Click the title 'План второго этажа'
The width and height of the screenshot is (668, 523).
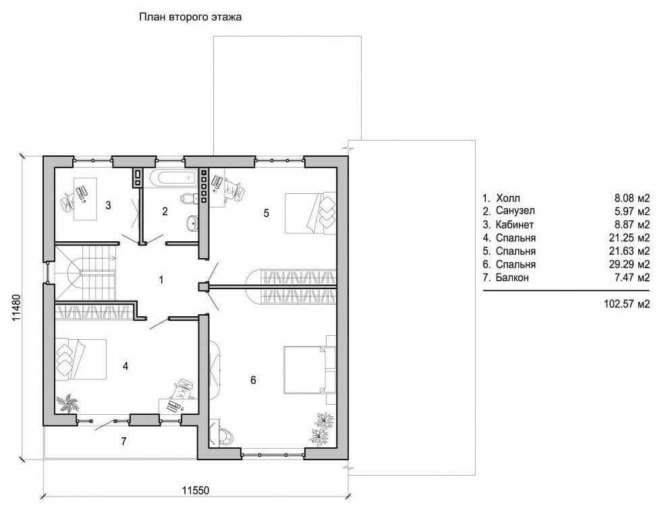[x=190, y=18]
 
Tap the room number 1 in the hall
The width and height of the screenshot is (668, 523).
[x=161, y=280]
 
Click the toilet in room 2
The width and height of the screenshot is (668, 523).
[x=188, y=199]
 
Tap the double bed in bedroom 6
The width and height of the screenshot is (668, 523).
[x=309, y=370]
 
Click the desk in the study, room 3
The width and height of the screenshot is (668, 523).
[x=85, y=199]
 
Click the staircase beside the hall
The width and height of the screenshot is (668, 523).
[x=85, y=272]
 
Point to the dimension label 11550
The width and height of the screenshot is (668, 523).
[x=196, y=491]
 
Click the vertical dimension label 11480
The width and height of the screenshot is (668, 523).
[x=16, y=307]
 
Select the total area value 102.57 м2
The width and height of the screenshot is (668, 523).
[x=627, y=304]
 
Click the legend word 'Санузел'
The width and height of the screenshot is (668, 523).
[x=515, y=211]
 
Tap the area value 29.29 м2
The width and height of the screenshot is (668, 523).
[x=630, y=264]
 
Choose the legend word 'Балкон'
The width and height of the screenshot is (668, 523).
[x=512, y=278]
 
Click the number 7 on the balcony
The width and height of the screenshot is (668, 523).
[x=123, y=441]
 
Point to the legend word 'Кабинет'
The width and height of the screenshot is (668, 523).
[x=515, y=224]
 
